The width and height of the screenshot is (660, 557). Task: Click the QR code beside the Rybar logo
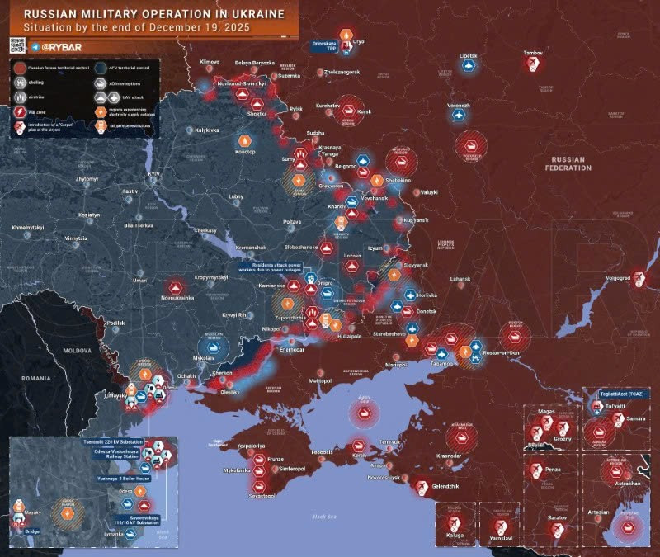tap(16, 46)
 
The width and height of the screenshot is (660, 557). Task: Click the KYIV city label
tap(153, 174)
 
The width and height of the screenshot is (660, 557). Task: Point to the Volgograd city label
tap(618, 278)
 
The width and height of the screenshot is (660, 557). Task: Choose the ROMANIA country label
tap(35, 377)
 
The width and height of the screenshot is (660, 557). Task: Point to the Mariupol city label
tap(396, 364)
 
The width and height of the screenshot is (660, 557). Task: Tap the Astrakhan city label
tap(628, 483)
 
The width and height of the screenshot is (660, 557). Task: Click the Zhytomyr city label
tap(87, 178)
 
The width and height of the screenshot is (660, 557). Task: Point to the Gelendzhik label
tap(446, 487)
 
